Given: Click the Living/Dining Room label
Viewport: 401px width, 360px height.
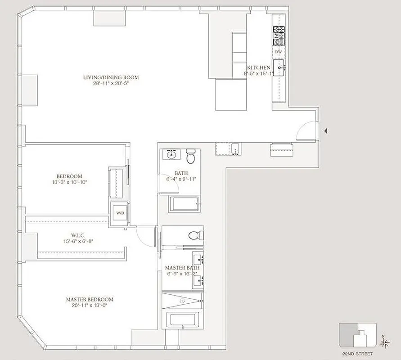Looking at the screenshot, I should click(111, 77).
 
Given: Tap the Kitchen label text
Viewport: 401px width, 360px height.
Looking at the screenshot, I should click(258, 67).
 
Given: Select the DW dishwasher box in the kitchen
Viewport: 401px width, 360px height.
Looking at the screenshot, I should click(278, 52).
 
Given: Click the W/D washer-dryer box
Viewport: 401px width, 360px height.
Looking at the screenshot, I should click(120, 213).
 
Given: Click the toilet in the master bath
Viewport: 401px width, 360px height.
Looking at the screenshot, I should click(196, 235).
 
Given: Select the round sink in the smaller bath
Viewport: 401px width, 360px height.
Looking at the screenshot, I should click(171, 155).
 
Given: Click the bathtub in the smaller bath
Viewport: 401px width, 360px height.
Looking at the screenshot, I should click(185, 204).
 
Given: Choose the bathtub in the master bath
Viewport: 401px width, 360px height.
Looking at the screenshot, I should click(182, 320).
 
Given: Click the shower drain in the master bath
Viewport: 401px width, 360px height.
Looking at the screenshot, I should click(182, 300).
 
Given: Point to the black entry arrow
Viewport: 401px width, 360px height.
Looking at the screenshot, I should click(326, 131).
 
